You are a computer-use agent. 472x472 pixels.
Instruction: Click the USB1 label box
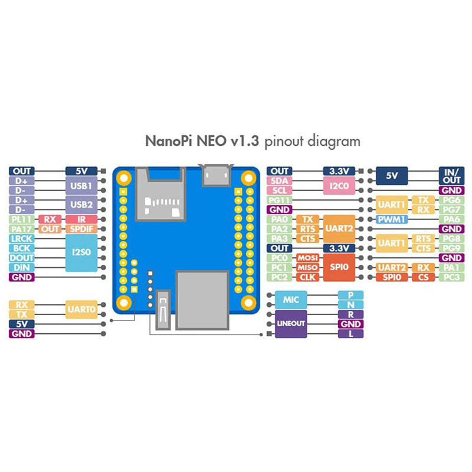[81, 186]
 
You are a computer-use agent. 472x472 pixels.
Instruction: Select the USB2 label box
[81, 205]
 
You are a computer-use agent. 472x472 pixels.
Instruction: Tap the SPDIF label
[81, 229]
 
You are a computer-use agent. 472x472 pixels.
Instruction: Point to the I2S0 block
[81, 253]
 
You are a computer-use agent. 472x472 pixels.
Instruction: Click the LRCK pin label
[22, 238]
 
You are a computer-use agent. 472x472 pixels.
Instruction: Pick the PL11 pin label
[22, 219]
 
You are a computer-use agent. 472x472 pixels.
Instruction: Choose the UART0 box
[81, 309]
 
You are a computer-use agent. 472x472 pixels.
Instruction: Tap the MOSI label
[307, 258]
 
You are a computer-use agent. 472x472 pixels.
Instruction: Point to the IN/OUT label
[452, 175]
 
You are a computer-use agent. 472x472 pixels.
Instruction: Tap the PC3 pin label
[452, 277]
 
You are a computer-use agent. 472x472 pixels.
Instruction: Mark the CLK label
[307, 277]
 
